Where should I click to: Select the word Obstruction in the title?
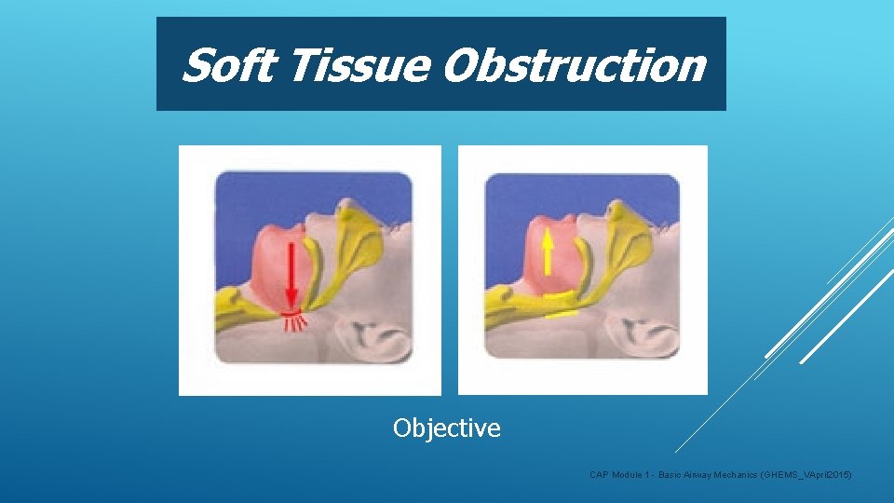[574, 65]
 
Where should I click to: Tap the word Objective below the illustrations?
[447, 428]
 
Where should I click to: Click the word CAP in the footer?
[600, 476]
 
